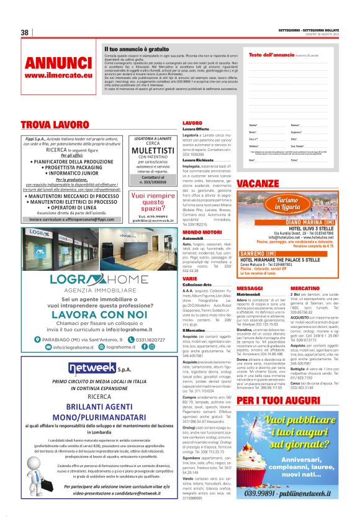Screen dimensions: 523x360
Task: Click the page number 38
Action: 25,32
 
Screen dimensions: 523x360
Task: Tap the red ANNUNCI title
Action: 58,63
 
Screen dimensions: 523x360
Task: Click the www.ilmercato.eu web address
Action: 58,75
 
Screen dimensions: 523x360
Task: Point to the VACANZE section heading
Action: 261,183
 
